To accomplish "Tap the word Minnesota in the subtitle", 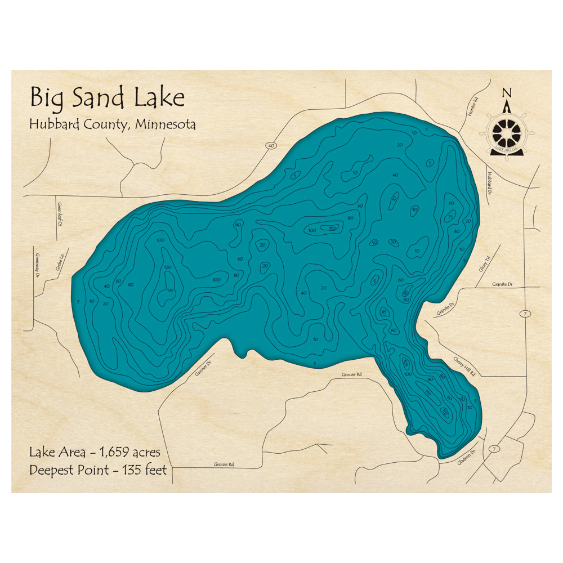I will click(166, 124).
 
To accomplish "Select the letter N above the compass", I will click(507, 93).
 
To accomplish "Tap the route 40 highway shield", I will click(271, 146).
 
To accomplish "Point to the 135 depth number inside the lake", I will click(170, 291).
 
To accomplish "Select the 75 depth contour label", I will click(450, 218).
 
